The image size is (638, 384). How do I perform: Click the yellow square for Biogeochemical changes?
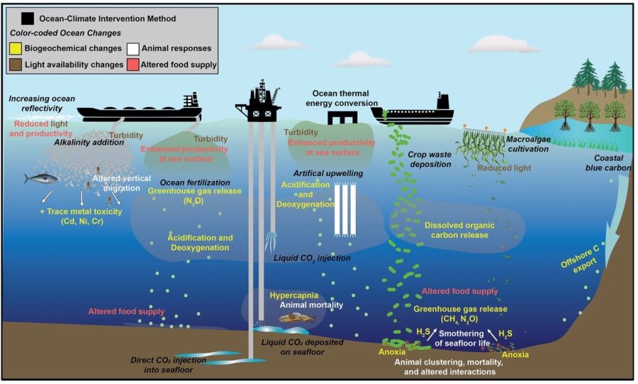tap(15, 49)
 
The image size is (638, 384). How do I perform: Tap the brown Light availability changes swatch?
tap(15, 65)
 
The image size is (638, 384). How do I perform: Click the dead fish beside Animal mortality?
tap(296, 318)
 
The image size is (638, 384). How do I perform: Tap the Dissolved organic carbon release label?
tap(464, 230)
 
